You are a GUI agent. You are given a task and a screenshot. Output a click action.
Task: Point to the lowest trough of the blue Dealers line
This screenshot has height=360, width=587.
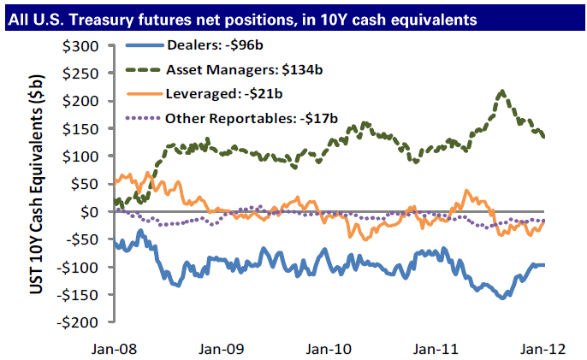tap(503, 297)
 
